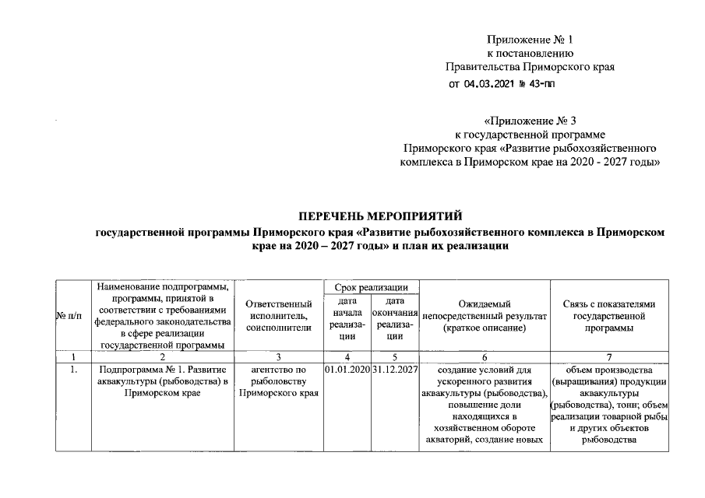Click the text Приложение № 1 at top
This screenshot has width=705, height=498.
[x=530, y=39]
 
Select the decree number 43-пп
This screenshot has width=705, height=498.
[x=541, y=85]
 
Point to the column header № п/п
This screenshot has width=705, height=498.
[x=69, y=316]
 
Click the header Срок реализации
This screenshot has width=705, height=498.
[x=371, y=287]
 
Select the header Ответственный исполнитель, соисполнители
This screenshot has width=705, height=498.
[x=278, y=316]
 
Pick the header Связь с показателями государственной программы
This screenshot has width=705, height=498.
[x=609, y=316]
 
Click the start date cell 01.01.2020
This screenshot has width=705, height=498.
[x=347, y=368]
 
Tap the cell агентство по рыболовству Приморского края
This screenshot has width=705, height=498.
[x=278, y=381]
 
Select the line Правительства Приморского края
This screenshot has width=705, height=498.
[x=530, y=67]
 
